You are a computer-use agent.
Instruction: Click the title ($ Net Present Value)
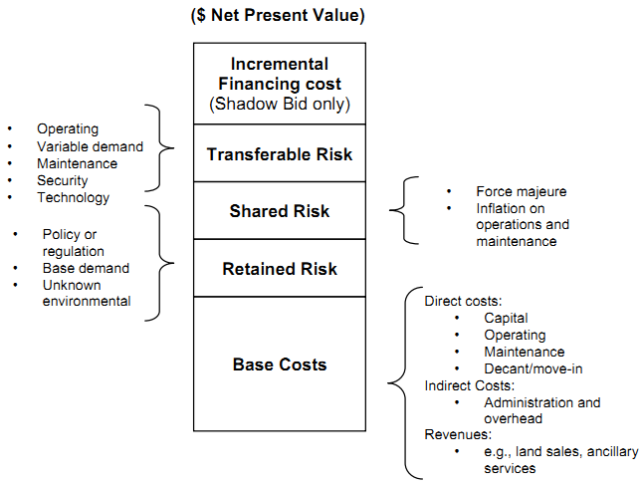pos(279,15)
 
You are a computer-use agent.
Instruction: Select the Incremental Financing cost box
pos(279,83)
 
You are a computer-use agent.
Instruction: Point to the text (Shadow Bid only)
pos(279,104)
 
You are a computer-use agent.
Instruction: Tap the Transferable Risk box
pos(279,154)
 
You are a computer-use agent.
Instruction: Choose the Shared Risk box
pos(279,211)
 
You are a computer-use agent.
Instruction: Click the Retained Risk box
pos(279,269)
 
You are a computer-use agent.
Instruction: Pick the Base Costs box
pos(279,364)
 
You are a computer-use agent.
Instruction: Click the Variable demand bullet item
pos(90,146)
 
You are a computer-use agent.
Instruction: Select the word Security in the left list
pos(63,180)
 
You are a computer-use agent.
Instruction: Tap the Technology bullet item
pos(73,197)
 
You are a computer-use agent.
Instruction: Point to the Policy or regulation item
pos(72,242)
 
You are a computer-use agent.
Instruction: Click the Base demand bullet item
pos(86,268)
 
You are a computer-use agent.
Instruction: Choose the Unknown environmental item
pos(86,293)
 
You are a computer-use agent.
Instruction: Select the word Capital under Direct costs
pos(506,318)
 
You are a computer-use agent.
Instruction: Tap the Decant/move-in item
pos(533,368)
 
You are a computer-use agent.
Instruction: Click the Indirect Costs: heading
pos(469,385)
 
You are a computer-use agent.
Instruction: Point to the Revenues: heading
pos(459,435)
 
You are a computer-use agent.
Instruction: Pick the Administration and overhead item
pos(541,410)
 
